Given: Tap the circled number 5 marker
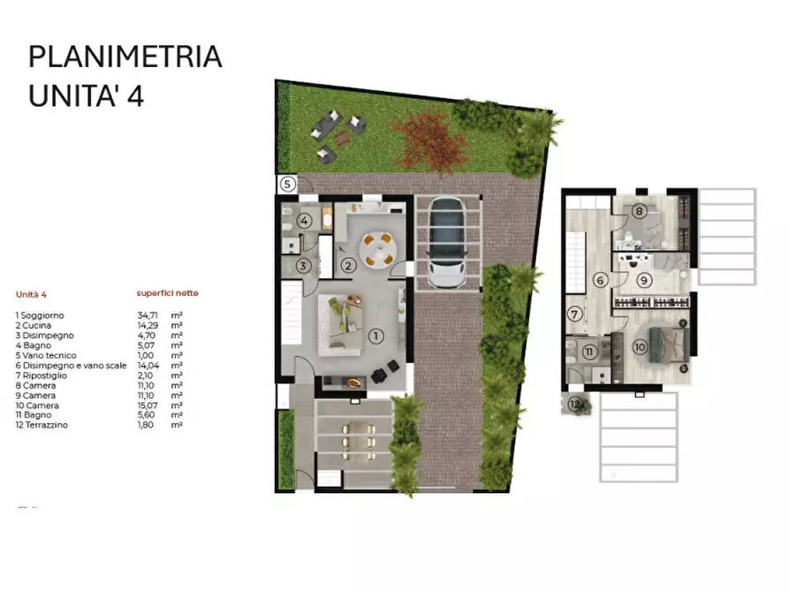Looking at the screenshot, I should (288, 185).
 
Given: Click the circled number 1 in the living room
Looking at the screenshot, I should (376, 336).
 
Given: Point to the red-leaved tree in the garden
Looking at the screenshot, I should (428, 137).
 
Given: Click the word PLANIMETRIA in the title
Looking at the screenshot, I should (125, 57).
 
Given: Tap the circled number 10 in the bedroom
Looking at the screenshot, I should (640, 346).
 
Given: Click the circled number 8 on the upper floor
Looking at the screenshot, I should (640, 211).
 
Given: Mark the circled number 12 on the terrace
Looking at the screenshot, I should (575, 405).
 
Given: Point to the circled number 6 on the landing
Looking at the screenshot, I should (601, 281).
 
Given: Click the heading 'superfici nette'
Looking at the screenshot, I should (167, 292).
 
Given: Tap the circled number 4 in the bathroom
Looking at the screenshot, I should (304, 222).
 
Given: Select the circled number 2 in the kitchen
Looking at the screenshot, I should (348, 264).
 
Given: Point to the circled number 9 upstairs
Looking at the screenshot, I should (644, 281).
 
